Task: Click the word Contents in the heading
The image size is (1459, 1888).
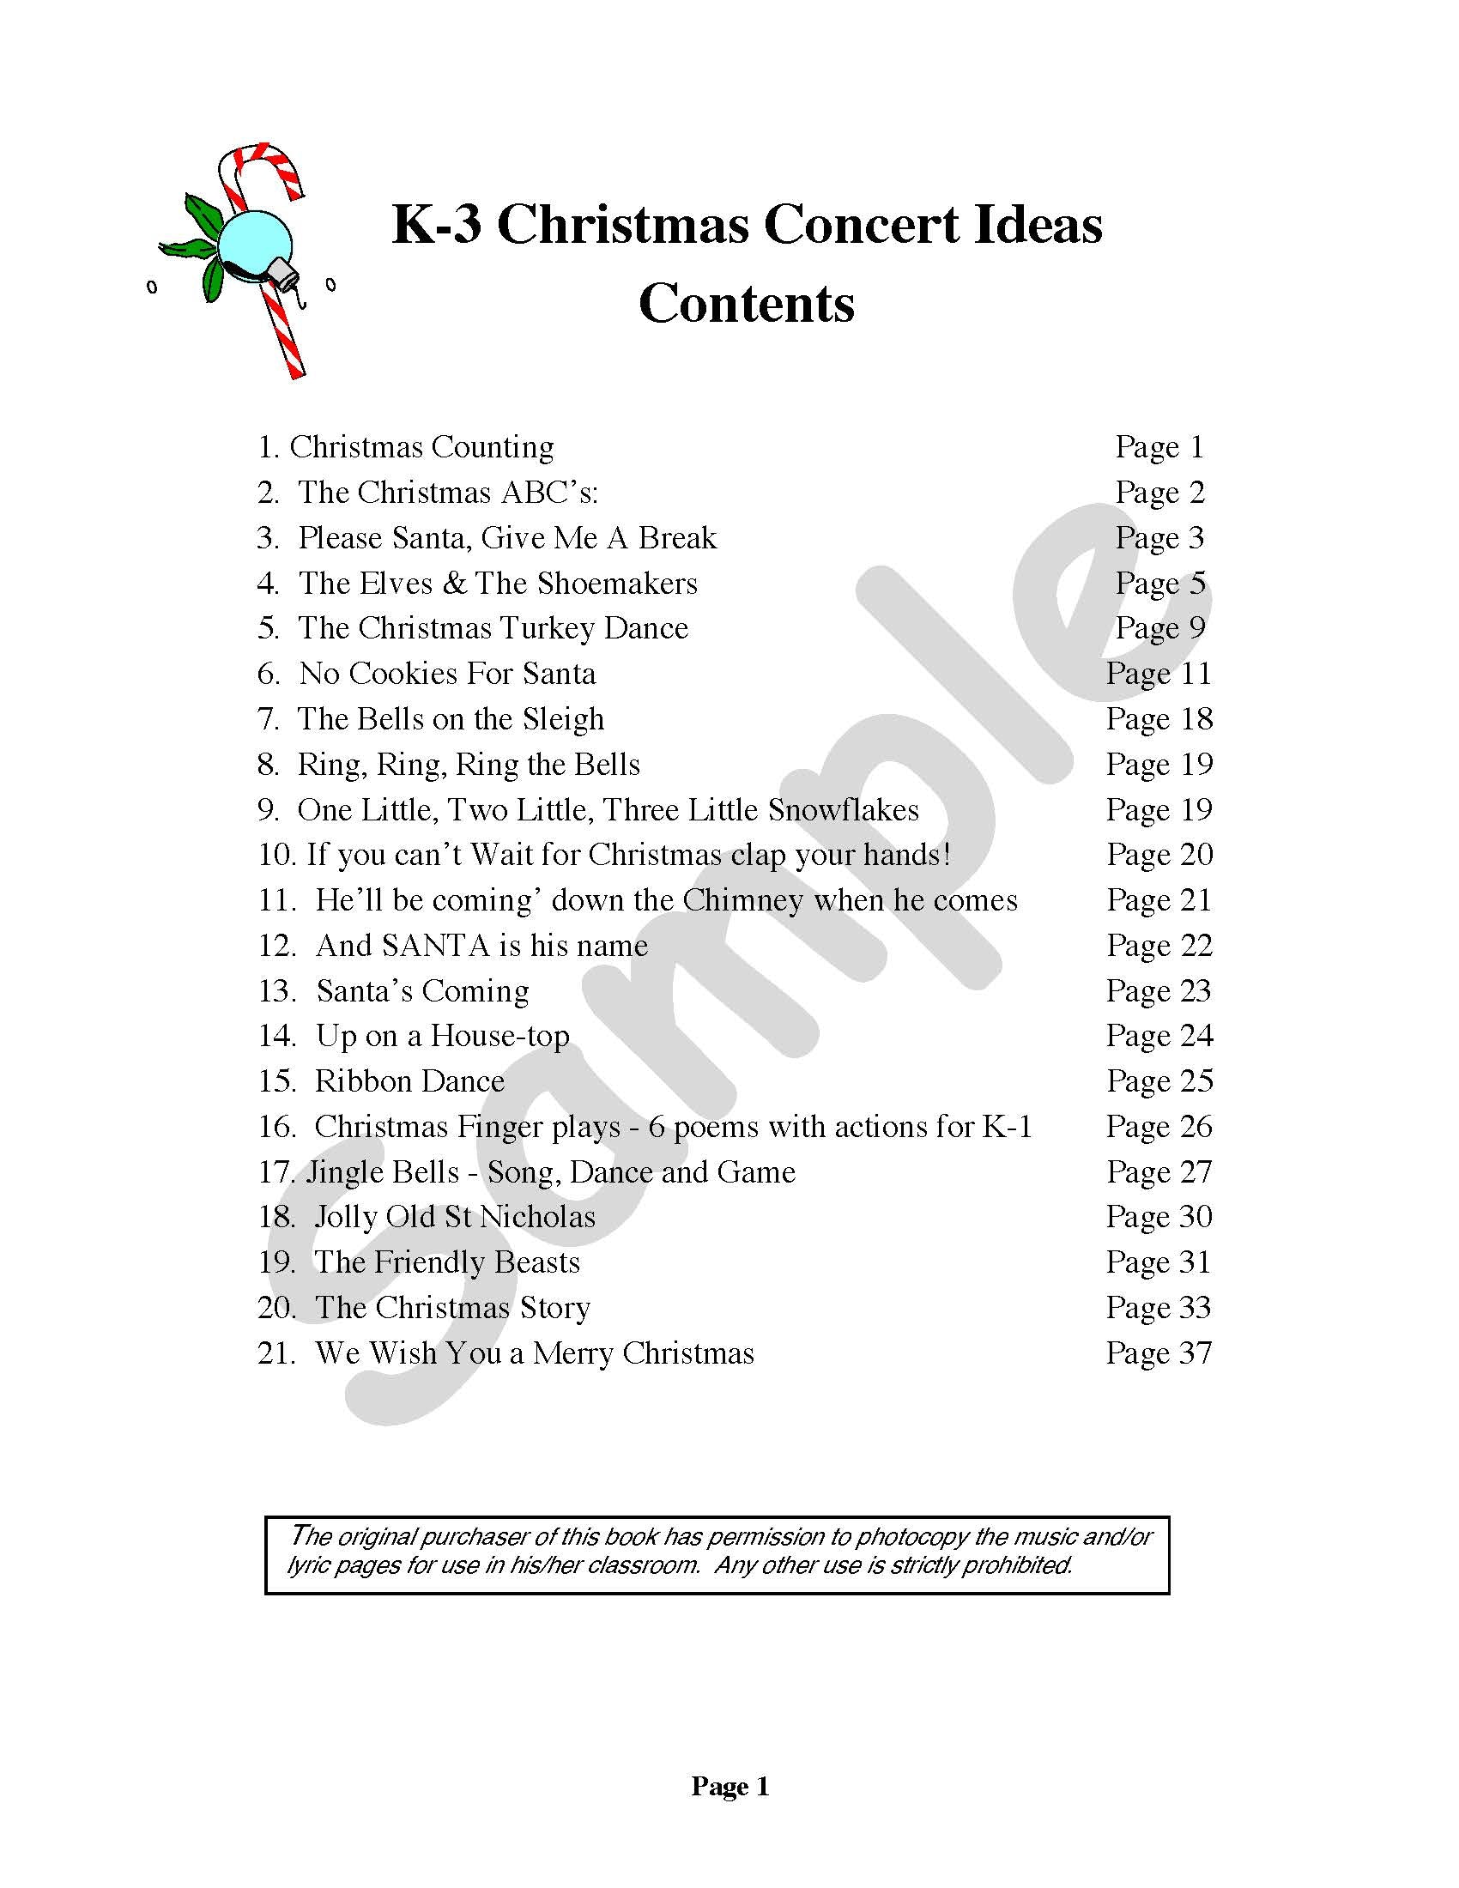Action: coord(746,304)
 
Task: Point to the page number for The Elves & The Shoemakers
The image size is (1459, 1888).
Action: coord(1159,584)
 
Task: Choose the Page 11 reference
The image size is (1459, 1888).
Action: coord(1159,674)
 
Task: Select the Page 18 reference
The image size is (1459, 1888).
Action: coord(1159,719)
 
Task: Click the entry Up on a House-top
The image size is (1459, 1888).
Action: coord(443,1036)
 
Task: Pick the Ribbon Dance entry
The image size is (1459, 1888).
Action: coord(409,1081)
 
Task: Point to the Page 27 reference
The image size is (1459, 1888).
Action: coord(1159,1172)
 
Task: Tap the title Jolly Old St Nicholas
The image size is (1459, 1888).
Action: coord(455,1217)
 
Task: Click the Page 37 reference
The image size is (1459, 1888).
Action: coord(1159,1352)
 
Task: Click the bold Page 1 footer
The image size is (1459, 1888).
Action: coord(729,1786)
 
